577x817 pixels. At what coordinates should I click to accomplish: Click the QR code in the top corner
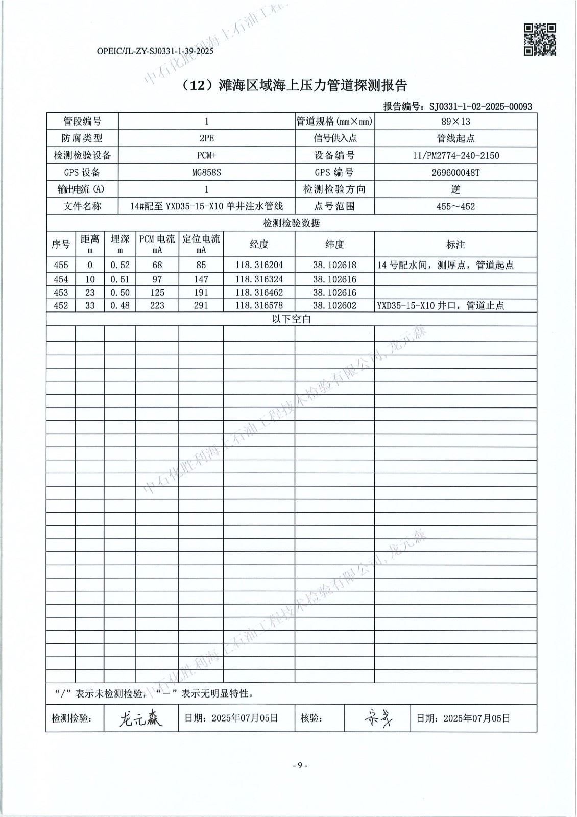540,39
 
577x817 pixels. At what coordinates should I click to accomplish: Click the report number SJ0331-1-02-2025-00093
480,107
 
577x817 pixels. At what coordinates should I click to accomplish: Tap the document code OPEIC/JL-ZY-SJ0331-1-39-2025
155,51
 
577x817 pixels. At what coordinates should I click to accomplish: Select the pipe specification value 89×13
455,122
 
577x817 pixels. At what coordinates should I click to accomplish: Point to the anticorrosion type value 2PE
206,138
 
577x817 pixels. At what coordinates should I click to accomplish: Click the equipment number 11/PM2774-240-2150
455,155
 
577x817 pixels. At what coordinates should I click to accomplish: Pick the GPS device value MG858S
206,172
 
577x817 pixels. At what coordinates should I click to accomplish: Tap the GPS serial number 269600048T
455,172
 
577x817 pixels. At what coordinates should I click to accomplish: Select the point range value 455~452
455,206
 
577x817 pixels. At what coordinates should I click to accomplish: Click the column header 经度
259,244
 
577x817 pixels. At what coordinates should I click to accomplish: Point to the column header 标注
455,245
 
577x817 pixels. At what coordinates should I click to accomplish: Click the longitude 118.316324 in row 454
259,279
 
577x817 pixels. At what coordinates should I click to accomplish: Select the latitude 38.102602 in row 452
334,305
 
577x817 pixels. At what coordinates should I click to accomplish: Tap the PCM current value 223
157,305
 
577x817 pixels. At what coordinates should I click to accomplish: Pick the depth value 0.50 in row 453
120,293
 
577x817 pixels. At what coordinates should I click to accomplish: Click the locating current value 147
201,279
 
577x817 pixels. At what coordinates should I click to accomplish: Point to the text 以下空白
291,319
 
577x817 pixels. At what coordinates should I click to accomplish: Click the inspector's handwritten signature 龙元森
140,719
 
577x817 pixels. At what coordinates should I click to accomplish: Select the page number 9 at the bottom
300,765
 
